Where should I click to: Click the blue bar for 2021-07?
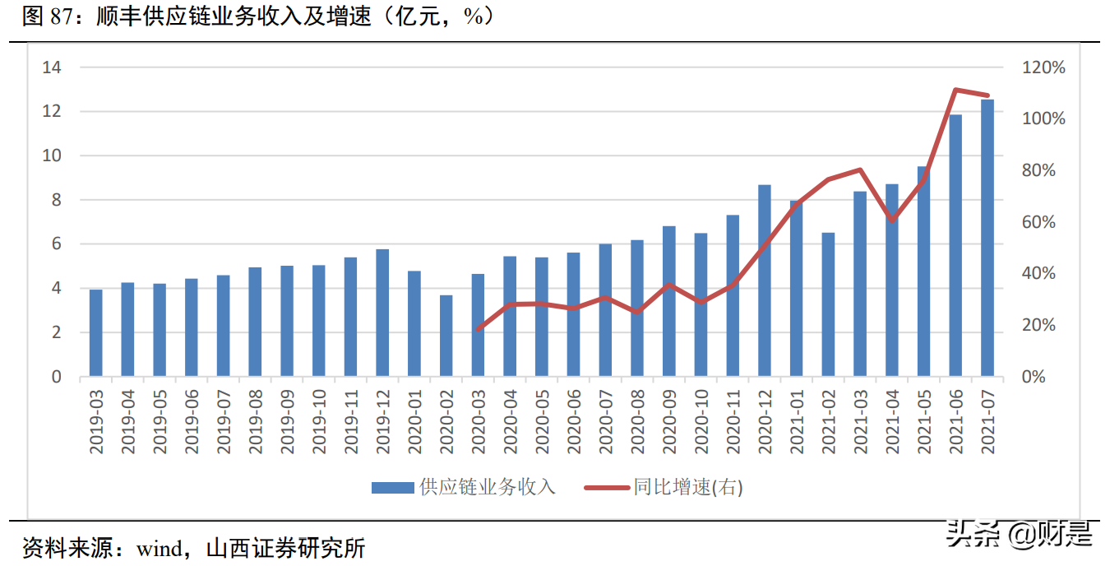point(987,239)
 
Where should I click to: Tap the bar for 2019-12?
point(382,313)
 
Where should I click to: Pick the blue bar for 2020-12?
point(765,281)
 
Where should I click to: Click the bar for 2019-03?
point(96,333)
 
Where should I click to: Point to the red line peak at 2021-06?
point(955,90)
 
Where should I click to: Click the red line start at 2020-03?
point(478,329)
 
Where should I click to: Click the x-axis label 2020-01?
point(414,420)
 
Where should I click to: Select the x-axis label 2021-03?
point(860,420)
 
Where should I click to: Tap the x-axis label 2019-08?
point(255,420)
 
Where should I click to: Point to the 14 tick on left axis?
point(52,67)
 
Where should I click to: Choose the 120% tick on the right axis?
point(1043,67)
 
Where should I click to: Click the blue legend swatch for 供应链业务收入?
point(392,488)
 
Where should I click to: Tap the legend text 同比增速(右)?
point(687,488)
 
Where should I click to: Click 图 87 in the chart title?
point(46,16)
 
